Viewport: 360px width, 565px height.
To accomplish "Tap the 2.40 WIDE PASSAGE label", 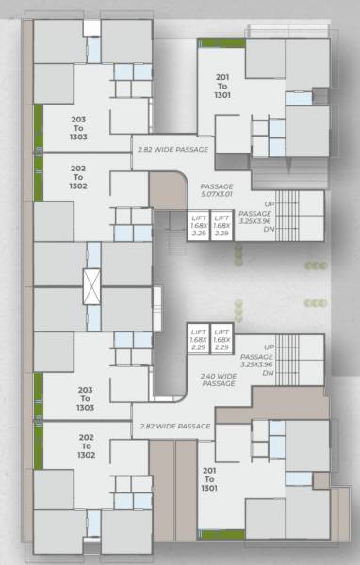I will click(x=219, y=380).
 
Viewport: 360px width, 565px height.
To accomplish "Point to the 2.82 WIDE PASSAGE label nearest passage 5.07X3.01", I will click(x=173, y=149).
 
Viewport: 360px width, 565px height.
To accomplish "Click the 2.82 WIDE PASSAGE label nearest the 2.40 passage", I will click(x=174, y=426).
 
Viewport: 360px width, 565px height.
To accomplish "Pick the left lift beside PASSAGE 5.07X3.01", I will click(x=198, y=227).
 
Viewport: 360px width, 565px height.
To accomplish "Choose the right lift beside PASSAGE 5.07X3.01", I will click(x=221, y=227).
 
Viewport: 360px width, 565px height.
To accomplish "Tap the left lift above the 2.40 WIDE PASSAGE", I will click(x=198, y=339).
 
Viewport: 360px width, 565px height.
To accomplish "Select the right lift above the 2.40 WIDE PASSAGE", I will click(x=221, y=339).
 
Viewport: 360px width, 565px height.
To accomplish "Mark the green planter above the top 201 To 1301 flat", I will click(x=221, y=43).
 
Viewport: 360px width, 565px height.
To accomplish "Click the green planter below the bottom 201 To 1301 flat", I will click(x=221, y=534).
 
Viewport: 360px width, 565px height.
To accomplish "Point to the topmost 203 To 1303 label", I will click(x=79, y=126).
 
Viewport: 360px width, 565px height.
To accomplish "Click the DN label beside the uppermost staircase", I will click(x=269, y=230).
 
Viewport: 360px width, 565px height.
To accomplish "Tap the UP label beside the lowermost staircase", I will click(x=270, y=348).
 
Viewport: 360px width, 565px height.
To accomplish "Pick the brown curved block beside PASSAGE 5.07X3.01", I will click(x=168, y=189).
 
